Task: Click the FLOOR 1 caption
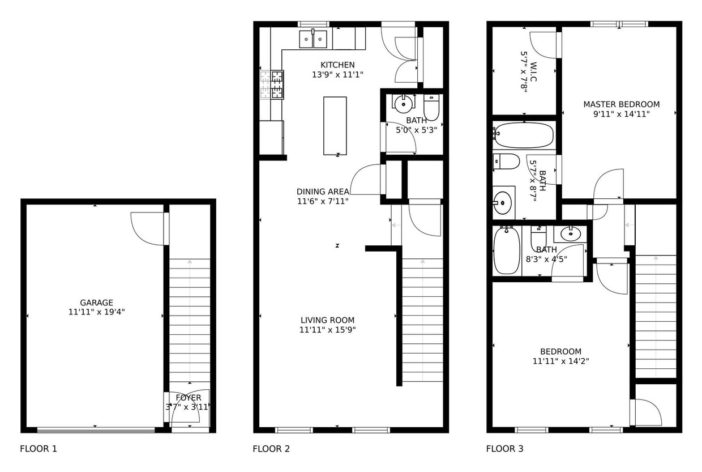tap(38, 449)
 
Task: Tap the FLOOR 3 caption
tap(504, 449)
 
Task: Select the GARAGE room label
tap(96, 303)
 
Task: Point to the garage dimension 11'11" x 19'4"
tap(96, 312)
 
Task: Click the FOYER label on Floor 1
tap(188, 398)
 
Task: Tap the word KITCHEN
tap(337, 65)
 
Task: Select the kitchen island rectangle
tap(335, 125)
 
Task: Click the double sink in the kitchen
tap(313, 39)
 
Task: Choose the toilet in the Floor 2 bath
tap(431, 107)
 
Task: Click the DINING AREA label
tap(323, 192)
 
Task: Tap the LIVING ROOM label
tap(327, 320)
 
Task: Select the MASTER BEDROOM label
tap(621, 104)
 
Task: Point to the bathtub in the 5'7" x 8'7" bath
tap(523, 135)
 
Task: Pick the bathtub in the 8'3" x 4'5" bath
tap(506, 250)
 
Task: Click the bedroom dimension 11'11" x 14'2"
tap(560, 361)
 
